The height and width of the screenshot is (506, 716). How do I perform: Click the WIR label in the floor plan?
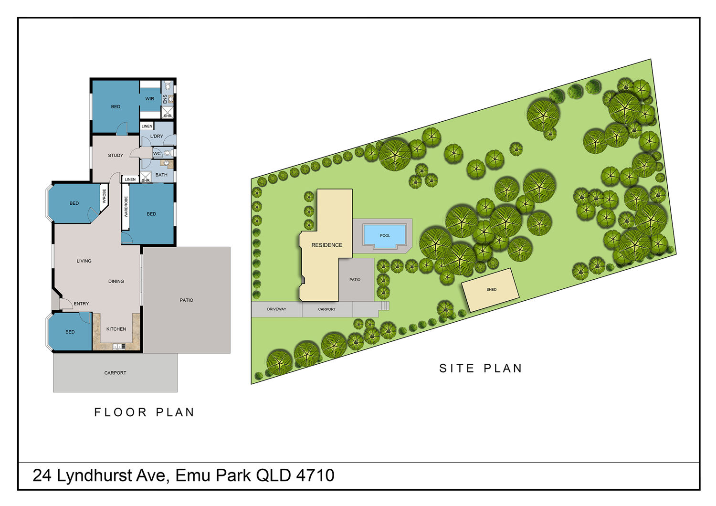[149, 99]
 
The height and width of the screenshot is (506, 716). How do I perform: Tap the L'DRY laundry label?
[157, 136]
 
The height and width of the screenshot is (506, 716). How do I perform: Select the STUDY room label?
[116, 155]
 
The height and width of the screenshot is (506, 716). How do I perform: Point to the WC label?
[157, 153]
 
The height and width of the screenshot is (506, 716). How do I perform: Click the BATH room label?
[161, 175]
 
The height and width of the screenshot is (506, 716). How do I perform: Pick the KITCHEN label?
[116, 329]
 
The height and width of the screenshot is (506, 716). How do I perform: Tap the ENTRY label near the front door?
[81, 304]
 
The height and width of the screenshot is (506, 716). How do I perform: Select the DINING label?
[116, 281]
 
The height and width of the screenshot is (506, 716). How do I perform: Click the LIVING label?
[84, 261]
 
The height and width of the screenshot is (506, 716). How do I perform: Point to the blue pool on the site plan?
[385, 236]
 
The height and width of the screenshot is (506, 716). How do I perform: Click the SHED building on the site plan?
[490, 290]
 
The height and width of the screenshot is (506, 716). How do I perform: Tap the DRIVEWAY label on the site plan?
[276, 309]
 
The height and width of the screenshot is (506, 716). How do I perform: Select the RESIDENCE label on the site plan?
[326, 245]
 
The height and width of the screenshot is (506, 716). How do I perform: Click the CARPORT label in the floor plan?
[115, 373]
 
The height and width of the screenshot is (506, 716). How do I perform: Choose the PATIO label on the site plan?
[355, 280]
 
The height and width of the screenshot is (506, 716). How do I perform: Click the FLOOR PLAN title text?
[144, 412]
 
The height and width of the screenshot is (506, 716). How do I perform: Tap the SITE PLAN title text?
[480, 368]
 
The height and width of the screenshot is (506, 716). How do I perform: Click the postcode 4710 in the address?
[315, 475]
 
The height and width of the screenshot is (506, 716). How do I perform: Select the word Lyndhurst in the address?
[95, 475]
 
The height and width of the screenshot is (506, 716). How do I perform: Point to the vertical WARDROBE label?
[126, 207]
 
